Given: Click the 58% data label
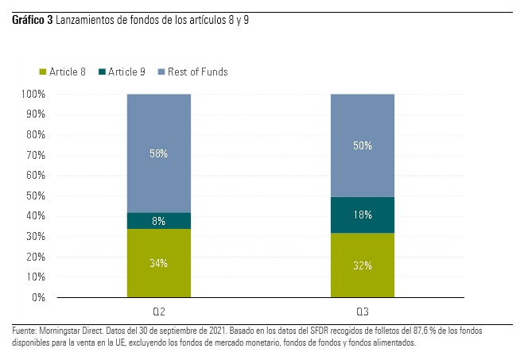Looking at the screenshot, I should pyautogui.click(x=158, y=153).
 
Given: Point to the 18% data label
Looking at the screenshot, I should pyautogui.click(x=362, y=215).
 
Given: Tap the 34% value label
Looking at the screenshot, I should pyautogui.click(x=158, y=263).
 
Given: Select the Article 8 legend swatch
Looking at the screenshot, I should pyautogui.click(x=43, y=72).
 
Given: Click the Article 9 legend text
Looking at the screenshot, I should pyautogui.click(x=126, y=72).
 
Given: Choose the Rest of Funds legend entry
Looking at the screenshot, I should pyautogui.click(x=197, y=72).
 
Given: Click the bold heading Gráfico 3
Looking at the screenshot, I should pyautogui.click(x=32, y=20).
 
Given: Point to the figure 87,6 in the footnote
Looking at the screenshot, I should pyautogui.click(x=365, y=330).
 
